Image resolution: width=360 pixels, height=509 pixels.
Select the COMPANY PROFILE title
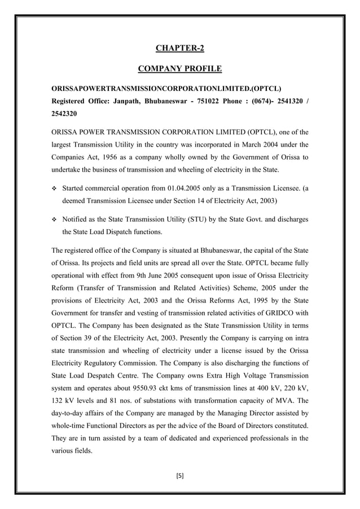pyautogui.click(x=180, y=69)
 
